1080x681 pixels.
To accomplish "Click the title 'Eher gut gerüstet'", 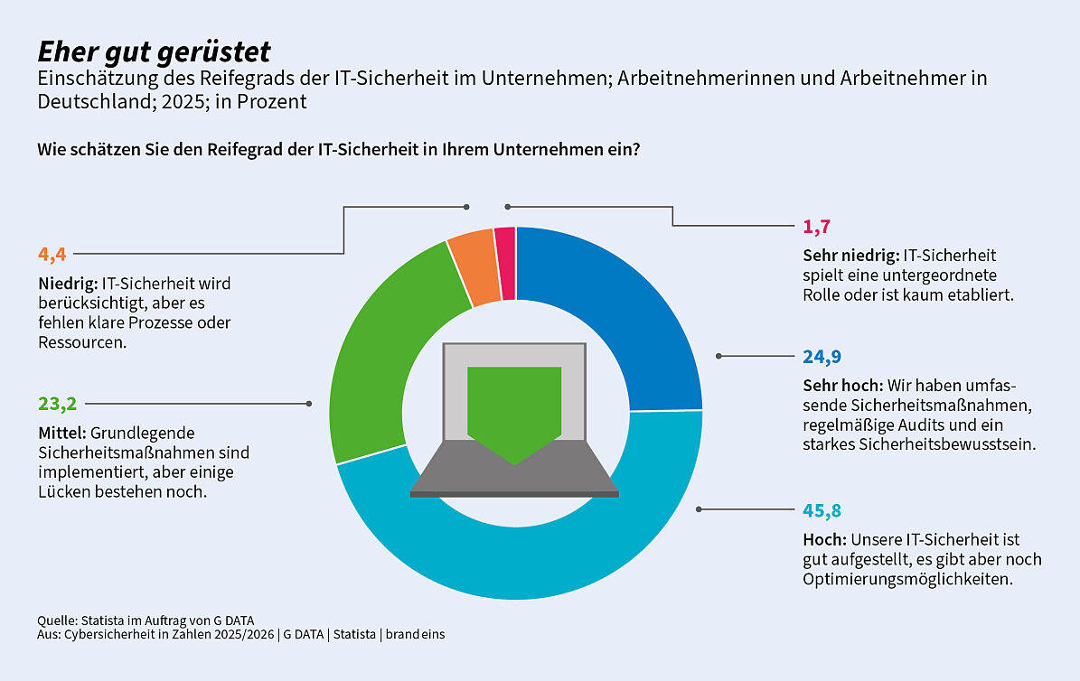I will [154, 51].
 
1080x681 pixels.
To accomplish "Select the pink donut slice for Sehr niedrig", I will [505, 263].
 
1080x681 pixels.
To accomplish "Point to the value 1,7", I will [816, 227].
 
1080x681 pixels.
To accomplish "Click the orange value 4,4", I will [52, 254].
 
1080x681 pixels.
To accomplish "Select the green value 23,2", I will [55, 404].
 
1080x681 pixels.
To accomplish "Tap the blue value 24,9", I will [822, 356].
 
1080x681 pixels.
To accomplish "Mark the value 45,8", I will [822, 510].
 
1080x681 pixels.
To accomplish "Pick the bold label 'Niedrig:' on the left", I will [67, 284].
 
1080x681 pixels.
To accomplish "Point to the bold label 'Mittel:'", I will [62, 434].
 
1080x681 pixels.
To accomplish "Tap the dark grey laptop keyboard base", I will [514, 470].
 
